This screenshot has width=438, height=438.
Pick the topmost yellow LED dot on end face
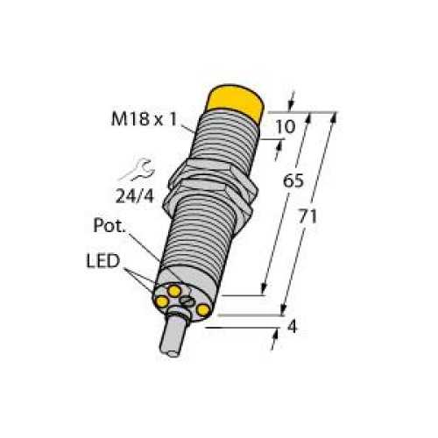[x=175, y=287]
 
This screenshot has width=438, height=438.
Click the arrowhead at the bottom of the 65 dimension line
[x=264, y=293]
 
